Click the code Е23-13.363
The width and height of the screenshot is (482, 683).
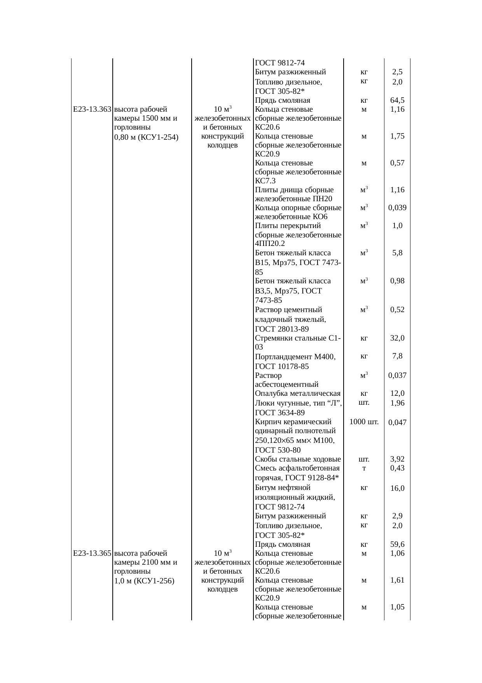(x=92, y=109)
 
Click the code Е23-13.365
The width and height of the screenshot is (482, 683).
(x=92, y=553)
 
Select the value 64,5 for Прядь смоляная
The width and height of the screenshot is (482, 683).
(x=397, y=100)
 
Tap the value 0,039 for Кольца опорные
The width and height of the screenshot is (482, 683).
(x=397, y=208)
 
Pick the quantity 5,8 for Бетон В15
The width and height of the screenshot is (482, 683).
(x=397, y=253)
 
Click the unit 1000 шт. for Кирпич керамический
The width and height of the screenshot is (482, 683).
(x=364, y=422)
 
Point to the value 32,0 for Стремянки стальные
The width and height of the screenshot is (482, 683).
(x=397, y=338)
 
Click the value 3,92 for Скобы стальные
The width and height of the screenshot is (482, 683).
(x=397, y=459)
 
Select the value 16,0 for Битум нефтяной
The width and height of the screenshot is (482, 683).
(x=397, y=488)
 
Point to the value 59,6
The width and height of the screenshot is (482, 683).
(x=397, y=544)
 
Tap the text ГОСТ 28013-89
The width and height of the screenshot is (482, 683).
(x=282, y=330)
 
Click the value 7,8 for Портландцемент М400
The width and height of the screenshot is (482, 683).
(x=397, y=356)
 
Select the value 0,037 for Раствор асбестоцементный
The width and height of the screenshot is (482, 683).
(x=397, y=376)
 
